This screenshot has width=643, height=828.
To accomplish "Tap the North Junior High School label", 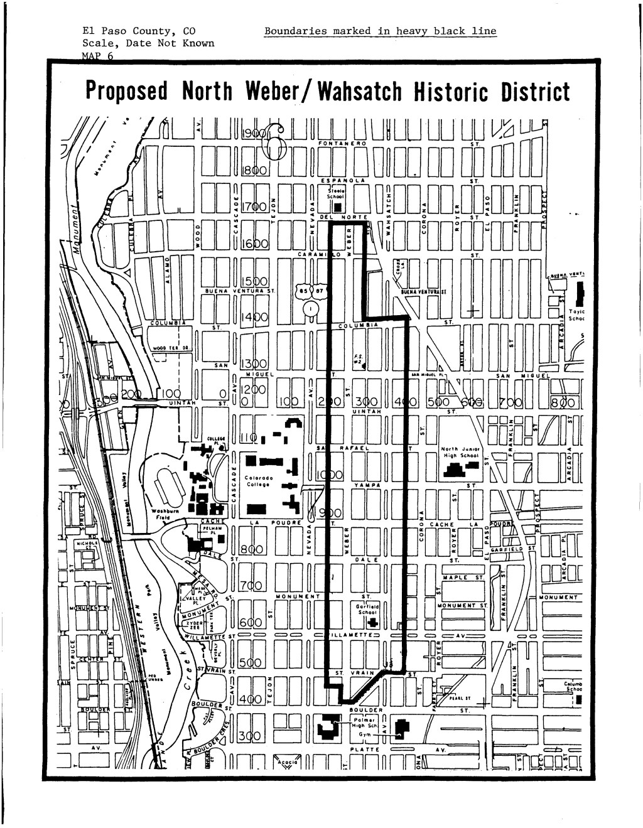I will click(460, 453).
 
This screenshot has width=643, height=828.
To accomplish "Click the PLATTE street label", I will click(365, 749).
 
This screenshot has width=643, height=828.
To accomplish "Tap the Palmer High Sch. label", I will click(365, 723).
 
